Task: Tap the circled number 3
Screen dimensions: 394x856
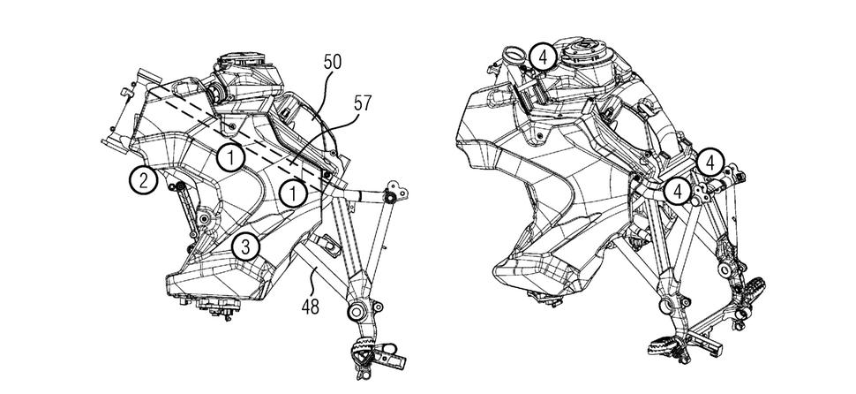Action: (246, 246)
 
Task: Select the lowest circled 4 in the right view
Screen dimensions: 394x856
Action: (678, 190)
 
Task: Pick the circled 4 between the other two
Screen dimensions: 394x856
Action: (710, 162)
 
